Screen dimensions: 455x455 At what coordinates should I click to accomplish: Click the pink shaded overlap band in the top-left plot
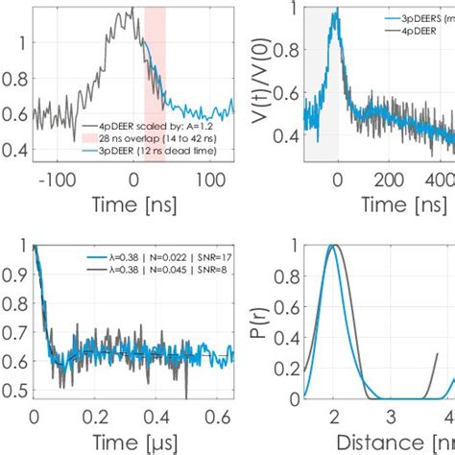155,58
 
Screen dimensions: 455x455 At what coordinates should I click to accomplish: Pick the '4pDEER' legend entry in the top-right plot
411,31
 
